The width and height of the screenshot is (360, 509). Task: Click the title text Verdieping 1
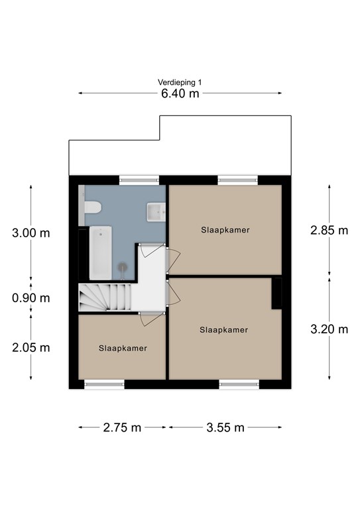tap(180, 82)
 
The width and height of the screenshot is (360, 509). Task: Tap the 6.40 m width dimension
tap(180, 93)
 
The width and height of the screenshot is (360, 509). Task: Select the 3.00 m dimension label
tap(30, 233)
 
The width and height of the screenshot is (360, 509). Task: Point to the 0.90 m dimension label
tap(30, 298)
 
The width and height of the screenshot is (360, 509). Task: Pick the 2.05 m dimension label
tap(30, 347)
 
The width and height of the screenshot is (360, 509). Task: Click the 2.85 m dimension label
tap(329, 231)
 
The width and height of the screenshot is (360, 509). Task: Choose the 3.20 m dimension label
tap(329, 329)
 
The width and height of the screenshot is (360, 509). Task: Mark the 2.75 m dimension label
tap(122, 427)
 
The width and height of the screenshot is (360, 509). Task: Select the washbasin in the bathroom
tap(156, 212)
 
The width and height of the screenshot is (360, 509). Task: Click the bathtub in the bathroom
tap(101, 253)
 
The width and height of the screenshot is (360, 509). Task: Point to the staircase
tap(106, 296)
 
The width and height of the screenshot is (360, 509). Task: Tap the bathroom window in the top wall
tap(139, 179)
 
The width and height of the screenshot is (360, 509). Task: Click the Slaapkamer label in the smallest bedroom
tap(123, 348)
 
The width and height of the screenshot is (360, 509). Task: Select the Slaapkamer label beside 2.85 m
tap(225, 231)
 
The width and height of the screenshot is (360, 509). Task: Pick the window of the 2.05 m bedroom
tap(104, 384)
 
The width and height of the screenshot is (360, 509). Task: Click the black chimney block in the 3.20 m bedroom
tap(277, 292)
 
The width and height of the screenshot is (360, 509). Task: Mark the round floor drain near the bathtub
tap(122, 266)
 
